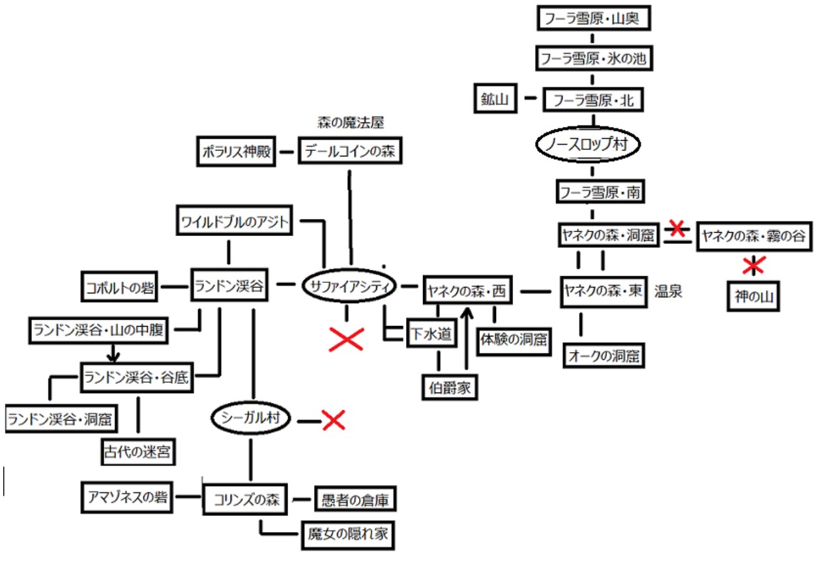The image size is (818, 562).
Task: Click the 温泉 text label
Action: coord(668,292)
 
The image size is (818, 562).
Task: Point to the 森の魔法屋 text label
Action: coord(351,123)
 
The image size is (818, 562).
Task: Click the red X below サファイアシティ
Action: coord(346,339)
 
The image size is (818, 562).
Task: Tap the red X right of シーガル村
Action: coord(334,421)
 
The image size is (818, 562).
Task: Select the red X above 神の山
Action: coord(753,265)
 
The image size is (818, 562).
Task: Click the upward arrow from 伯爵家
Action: coord(466,338)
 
